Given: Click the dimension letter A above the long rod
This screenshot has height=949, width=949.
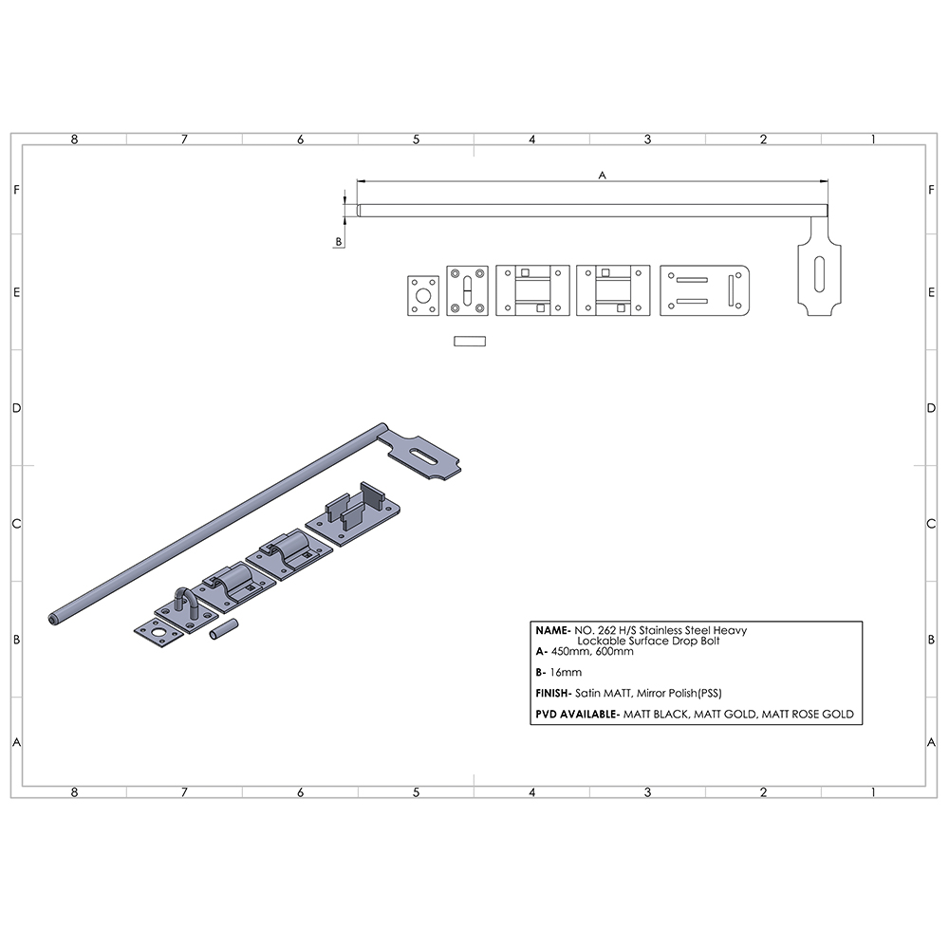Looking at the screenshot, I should (x=602, y=175).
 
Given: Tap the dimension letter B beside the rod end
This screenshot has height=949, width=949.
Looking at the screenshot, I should (x=338, y=242).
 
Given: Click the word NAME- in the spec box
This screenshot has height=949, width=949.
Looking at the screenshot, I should (x=553, y=629).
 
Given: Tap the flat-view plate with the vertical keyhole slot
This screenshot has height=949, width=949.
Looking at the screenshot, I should (x=467, y=292).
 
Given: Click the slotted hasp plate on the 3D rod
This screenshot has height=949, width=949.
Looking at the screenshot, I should (x=425, y=456).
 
